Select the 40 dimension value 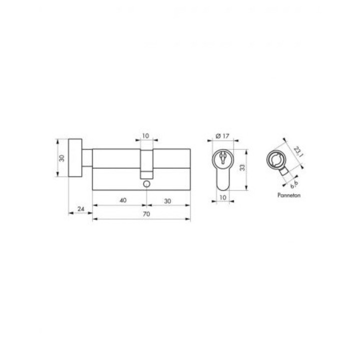[122, 200]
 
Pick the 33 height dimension [243, 168]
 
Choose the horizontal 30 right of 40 [168, 200]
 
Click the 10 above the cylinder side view [146, 136]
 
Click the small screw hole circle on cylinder [146, 185]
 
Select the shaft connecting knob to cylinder [88, 159]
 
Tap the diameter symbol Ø [215, 136]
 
